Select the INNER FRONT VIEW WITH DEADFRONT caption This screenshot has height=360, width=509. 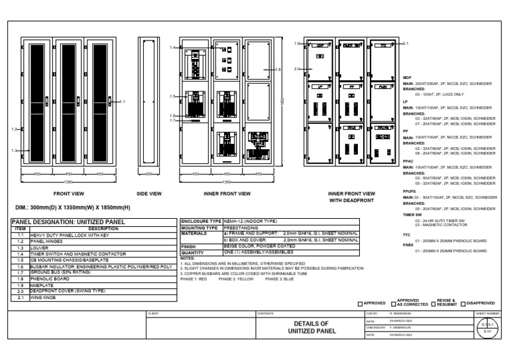point(352,196)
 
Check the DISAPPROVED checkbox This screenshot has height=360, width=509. point(463,304)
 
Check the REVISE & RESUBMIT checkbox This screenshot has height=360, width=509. point(433,304)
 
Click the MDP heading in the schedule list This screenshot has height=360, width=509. point(408,78)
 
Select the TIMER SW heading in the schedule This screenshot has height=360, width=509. point(412,215)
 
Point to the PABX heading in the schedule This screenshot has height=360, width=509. point(409,245)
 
